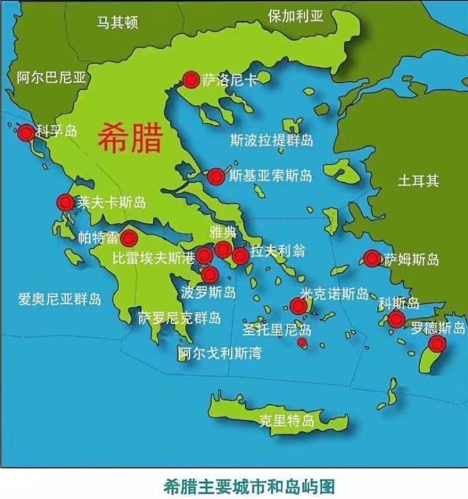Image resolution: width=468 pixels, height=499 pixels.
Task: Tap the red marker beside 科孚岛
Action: [x=26, y=133]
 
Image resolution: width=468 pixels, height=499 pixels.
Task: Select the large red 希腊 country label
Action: [x=130, y=138]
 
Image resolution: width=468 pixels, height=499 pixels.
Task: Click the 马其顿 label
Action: [x=117, y=23]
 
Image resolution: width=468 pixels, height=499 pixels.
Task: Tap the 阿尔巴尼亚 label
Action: [x=51, y=77]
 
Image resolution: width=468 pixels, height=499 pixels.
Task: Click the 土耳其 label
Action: [x=418, y=181]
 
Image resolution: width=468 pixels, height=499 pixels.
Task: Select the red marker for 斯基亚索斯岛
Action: [x=216, y=177]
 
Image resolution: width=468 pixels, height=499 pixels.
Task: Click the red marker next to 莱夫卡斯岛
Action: [x=66, y=203]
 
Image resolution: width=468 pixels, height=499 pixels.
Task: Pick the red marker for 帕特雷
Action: [x=129, y=238]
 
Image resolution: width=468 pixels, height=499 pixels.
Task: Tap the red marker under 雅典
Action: [x=223, y=250]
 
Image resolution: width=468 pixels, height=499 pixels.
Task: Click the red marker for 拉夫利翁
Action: [x=240, y=255]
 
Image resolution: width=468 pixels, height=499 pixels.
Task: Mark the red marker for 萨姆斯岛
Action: [x=372, y=258]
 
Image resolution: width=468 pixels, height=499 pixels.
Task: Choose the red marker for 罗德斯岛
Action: [x=437, y=344]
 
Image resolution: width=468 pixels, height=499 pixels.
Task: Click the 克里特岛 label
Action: [x=283, y=421]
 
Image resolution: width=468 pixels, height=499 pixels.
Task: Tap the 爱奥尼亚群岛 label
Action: [x=59, y=299]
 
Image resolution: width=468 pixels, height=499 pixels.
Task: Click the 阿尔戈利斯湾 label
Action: [x=220, y=353]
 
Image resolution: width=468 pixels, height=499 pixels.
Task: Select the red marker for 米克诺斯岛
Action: [x=298, y=306]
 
